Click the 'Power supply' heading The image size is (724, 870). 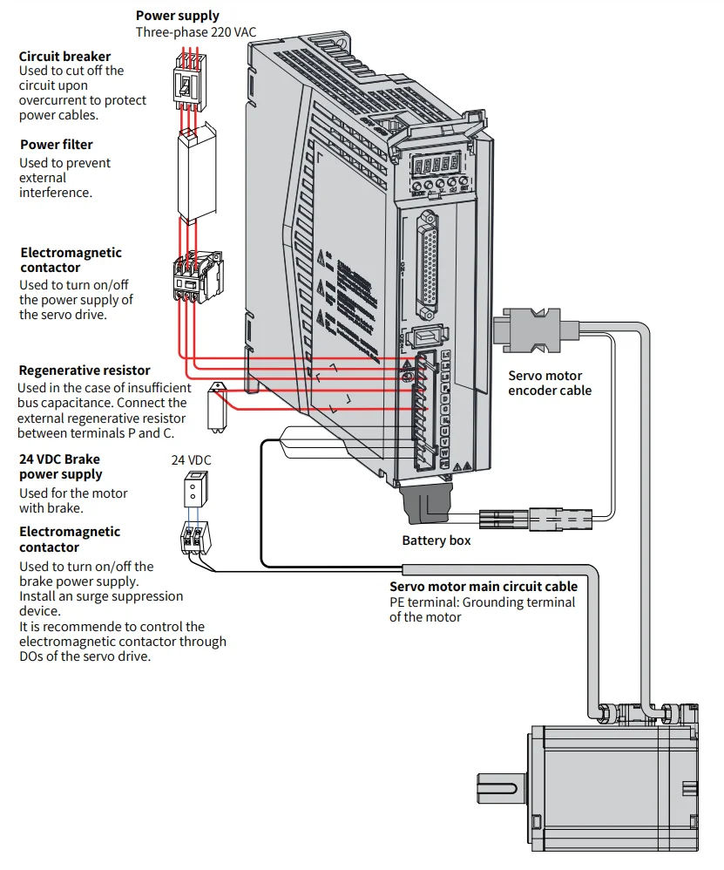coord(178,16)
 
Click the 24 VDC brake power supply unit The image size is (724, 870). coord(194,489)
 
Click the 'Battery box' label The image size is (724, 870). coord(436,540)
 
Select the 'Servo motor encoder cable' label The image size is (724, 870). coord(550,383)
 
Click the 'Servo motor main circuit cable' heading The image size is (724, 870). coord(483,587)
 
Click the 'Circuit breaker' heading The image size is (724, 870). coord(64,57)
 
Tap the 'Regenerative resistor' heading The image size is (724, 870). coord(85,370)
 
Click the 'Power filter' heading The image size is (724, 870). coord(56,145)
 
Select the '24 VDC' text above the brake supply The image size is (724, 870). coord(191,459)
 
